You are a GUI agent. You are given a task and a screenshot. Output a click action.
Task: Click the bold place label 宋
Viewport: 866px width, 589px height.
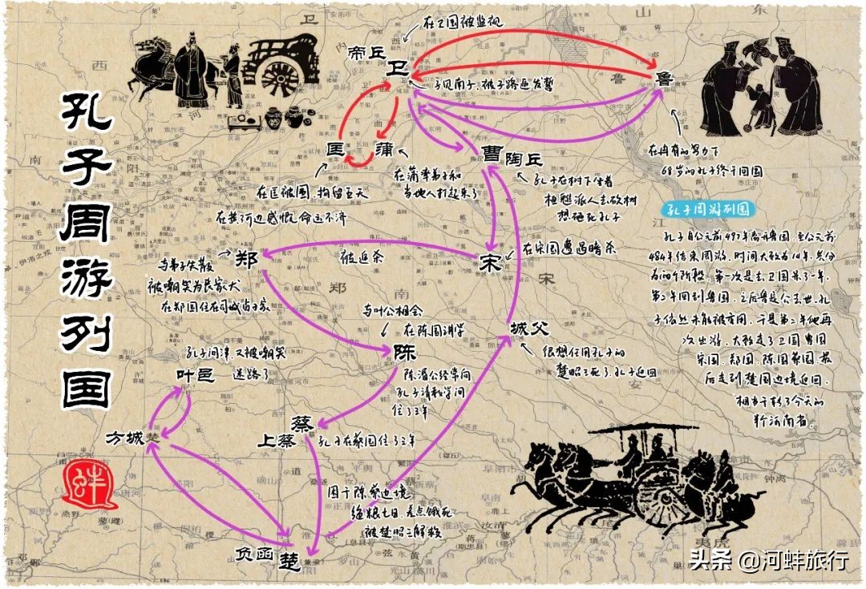click(492, 263)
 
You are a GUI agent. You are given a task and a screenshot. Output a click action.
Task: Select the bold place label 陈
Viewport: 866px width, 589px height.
click(405, 352)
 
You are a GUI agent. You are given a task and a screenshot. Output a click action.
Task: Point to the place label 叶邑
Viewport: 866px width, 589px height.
click(196, 375)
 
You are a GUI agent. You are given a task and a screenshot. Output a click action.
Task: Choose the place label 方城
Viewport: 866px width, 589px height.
click(127, 438)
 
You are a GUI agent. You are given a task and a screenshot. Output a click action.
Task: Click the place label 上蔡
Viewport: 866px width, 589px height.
click(277, 441)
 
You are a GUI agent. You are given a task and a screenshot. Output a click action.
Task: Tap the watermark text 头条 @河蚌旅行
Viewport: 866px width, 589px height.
click(768, 560)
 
